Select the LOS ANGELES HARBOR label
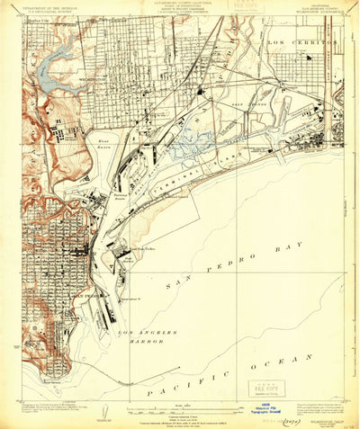(x=139, y=337)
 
